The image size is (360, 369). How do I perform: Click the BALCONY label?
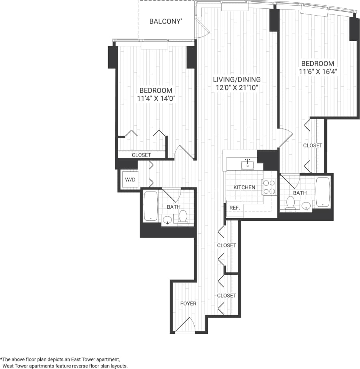[165, 21]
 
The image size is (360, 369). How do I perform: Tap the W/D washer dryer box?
[130, 180]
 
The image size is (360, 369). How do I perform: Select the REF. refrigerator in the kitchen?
[234, 208]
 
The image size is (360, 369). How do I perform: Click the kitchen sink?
[248, 164]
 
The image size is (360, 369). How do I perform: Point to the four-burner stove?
[270, 187]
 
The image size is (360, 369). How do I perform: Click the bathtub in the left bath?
[151, 206]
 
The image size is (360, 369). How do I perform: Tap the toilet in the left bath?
[183, 217]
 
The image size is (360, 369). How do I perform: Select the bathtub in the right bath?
[323, 192]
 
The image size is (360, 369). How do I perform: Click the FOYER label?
[188, 303]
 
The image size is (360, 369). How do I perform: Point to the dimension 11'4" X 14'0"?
[156, 98]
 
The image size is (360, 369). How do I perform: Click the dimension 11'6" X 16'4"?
[317, 71]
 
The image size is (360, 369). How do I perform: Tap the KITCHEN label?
[244, 187]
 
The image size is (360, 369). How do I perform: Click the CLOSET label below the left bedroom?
[141, 155]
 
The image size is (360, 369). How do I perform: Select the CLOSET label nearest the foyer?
[227, 295]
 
